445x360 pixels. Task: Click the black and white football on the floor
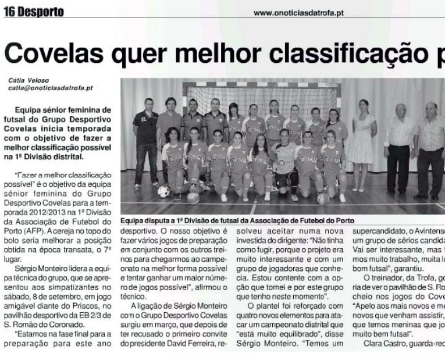click(x=163, y=191)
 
